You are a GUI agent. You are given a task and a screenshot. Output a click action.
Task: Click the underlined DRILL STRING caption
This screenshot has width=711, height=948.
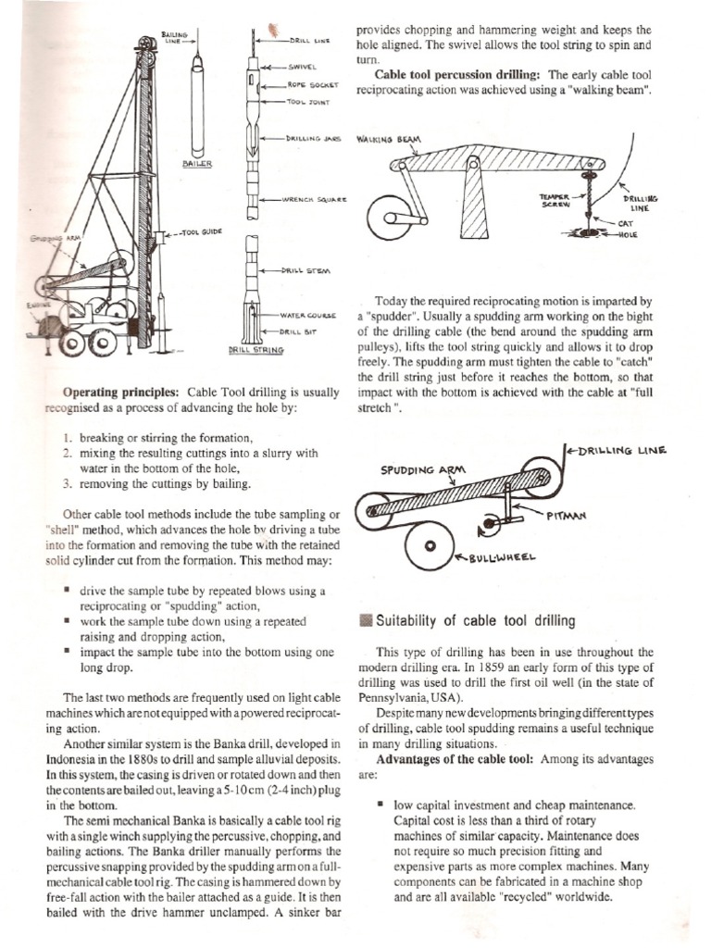257,351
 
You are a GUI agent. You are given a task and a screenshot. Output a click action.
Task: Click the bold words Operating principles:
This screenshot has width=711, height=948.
120,391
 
